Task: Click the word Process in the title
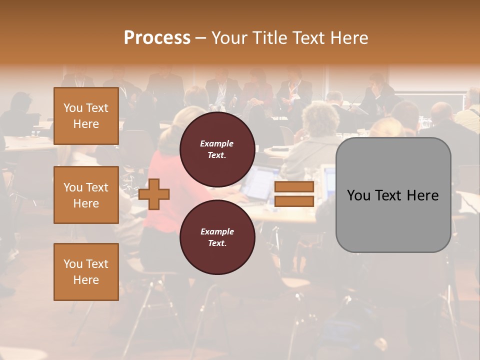pos(157,38)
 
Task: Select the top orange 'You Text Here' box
pos(86,116)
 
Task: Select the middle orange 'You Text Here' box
pos(86,195)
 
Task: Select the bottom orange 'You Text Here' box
pos(86,271)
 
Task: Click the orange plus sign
pos(154,193)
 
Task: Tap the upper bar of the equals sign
pos(294,187)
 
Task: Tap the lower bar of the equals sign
pos(294,201)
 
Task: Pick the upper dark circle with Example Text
pos(217,149)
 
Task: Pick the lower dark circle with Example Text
pos(217,237)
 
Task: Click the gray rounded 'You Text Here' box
pos(393,195)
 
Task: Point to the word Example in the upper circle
pos(216,143)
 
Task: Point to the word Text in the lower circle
pos(217,243)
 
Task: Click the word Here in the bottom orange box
pos(86,280)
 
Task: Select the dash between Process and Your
pos(200,38)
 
